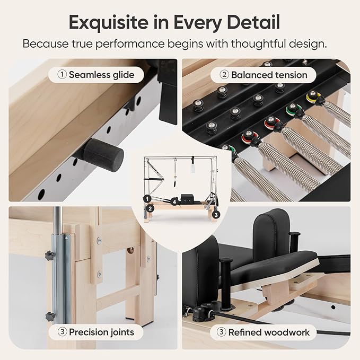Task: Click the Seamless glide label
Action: pyautogui.click(x=98, y=75)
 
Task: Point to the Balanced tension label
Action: pyautogui.click(x=263, y=75)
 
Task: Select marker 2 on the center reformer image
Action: pyautogui.click(x=151, y=209)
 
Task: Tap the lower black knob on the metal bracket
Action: pyautogui.click(x=50, y=316)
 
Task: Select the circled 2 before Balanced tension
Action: pyautogui.click(x=225, y=75)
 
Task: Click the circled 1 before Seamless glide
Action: pyautogui.click(x=62, y=75)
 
